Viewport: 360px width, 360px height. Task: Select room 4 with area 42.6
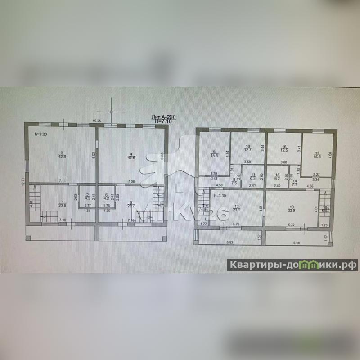130,155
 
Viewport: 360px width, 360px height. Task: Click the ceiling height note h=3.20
41,134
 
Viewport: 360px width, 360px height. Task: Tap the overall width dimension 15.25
96,121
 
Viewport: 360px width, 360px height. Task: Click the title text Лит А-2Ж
163,117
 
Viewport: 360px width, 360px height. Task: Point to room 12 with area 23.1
236,208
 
